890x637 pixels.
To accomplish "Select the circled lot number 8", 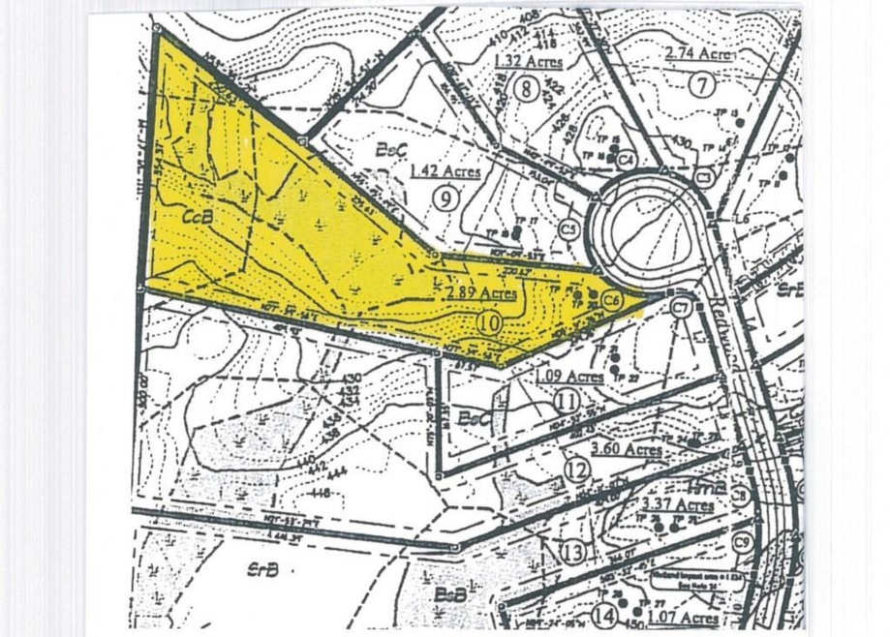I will [526, 90].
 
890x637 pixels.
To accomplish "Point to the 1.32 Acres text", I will [528, 62].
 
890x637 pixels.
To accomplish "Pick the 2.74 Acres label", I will [697, 54].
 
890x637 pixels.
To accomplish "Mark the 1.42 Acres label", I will [445, 171].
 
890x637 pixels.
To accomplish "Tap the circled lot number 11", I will [567, 399].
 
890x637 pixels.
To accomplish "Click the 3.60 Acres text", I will [627, 449].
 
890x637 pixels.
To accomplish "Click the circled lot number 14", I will [606, 615].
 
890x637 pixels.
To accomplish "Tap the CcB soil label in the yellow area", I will [198, 219].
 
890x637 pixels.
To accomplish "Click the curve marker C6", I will [610, 299].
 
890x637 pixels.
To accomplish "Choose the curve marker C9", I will [743, 541].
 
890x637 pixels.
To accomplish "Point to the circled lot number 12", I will [577, 471].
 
